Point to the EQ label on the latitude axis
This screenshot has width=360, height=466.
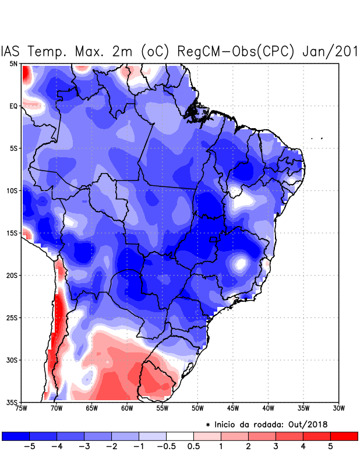pos(13,106)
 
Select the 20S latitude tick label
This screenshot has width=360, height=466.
pos(11,275)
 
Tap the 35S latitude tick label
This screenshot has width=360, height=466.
pos(11,402)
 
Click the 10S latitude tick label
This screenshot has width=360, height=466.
pos(11,190)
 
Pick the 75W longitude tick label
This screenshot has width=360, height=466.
pos(21,408)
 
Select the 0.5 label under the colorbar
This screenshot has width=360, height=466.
pos(193,447)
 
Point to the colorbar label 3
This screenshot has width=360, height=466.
pos(276,447)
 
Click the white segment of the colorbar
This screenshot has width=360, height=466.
pos(180,436)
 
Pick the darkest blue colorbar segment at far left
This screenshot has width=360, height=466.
pos(16,436)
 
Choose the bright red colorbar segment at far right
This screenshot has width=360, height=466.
pos(344,436)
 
